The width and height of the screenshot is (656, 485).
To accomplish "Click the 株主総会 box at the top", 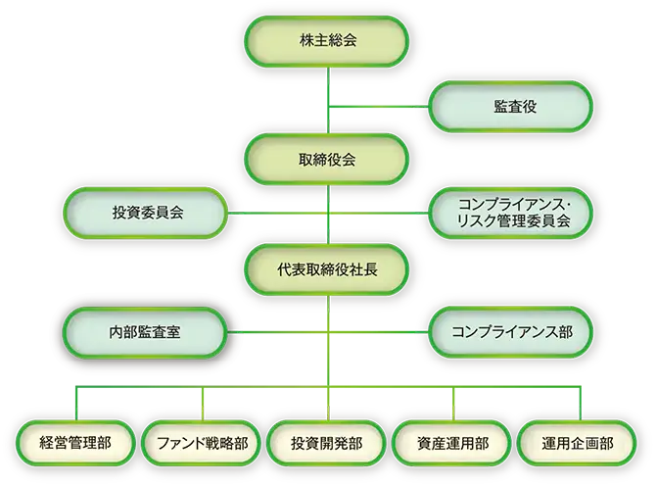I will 327,40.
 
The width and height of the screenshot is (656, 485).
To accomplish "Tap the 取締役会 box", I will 327,159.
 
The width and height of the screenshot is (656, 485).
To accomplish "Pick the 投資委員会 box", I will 146,212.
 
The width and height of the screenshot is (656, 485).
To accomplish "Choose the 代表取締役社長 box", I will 327,265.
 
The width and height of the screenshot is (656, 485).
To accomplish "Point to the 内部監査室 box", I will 146,331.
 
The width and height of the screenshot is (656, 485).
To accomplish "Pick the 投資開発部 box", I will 327,443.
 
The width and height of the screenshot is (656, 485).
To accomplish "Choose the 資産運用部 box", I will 453,443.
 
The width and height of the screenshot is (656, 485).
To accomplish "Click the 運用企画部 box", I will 579,443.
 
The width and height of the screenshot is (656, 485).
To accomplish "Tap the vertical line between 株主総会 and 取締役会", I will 327,98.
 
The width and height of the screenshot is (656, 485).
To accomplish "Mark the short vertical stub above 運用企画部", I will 579,401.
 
